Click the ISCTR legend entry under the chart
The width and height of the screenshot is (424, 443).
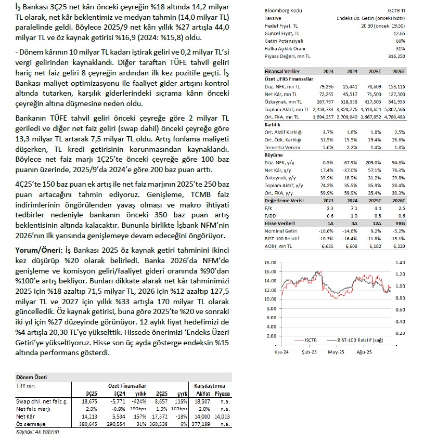pos(307,340)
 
